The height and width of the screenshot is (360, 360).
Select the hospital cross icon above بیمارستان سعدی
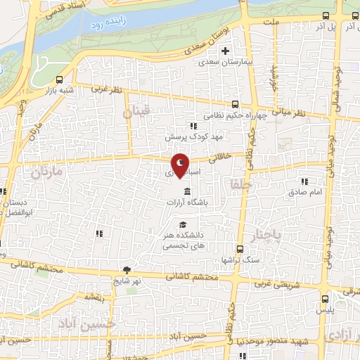225,51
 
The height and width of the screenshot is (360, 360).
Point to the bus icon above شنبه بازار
58,79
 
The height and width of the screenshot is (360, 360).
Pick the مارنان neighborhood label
47,172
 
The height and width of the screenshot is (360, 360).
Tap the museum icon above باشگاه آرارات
187,192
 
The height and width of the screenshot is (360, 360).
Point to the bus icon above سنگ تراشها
240,249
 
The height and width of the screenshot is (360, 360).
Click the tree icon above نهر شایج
127,270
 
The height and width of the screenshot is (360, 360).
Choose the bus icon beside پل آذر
325,15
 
